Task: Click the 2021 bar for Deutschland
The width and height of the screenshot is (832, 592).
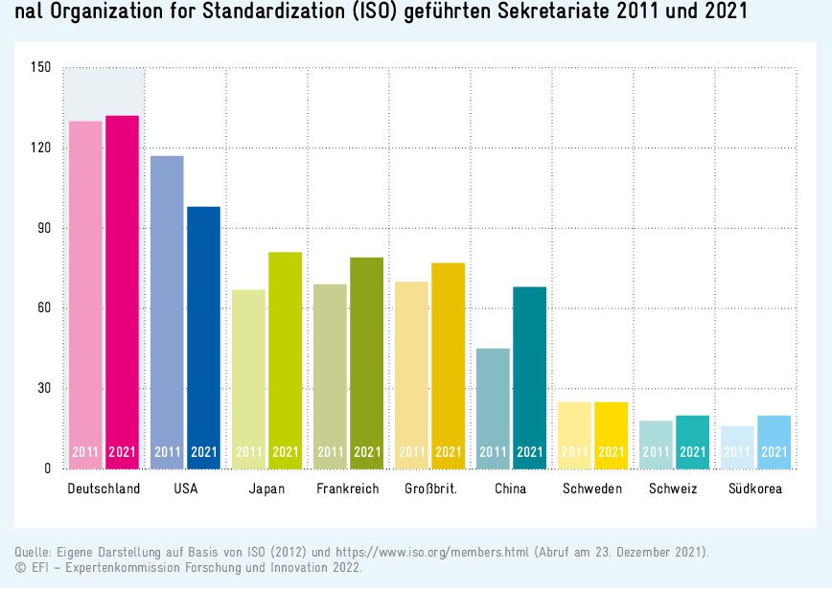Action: [122, 292]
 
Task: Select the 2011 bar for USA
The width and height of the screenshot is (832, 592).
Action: [167, 312]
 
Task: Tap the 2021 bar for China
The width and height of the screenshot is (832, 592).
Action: [529, 377]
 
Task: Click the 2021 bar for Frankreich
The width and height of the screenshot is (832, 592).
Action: [366, 363]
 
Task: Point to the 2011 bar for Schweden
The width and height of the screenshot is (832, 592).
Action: [574, 435]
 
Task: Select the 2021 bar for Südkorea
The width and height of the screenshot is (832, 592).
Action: [774, 442]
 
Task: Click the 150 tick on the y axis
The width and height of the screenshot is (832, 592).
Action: [40, 68]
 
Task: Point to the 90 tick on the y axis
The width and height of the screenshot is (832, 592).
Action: [43, 229]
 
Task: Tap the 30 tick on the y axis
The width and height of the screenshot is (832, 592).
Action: [43, 389]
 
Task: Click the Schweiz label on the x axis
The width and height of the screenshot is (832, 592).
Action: [672, 489]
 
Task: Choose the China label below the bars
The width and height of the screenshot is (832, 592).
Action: [510, 489]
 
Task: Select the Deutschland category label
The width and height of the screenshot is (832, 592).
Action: [104, 489]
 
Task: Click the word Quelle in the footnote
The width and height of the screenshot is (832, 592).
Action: [32, 553]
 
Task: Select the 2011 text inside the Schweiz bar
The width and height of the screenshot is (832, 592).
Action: [656, 452]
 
